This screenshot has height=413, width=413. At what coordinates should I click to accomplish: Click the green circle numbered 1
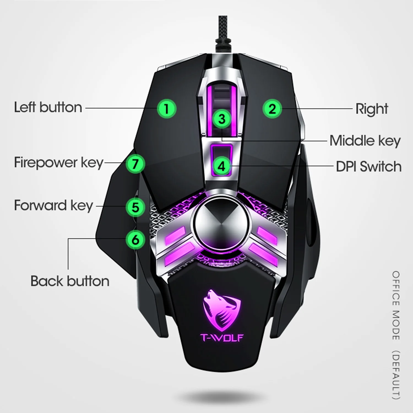(x=167, y=108)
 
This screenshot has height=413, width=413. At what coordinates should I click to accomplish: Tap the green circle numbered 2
(x=272, y=108)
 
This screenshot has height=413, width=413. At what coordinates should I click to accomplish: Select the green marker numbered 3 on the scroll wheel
(x=222, y=119)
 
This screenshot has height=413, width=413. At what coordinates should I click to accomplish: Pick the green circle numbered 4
(x=222, y=166)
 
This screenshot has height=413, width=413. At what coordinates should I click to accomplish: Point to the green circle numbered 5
(x=135, y=207)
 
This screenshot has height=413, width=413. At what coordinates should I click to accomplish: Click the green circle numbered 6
(x=135, y=240)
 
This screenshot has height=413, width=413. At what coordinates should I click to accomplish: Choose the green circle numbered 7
(x=135, y=164)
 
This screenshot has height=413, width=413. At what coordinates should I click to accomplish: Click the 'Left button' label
(x=48, y=107)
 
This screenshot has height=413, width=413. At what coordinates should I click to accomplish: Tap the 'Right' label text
(x=371, y=109)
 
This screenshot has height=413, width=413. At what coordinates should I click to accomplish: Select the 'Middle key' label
(x=365, y=141)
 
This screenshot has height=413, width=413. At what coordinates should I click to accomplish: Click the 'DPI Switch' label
(x=369, y=167)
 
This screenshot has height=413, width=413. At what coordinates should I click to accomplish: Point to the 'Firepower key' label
(x=58, y=163)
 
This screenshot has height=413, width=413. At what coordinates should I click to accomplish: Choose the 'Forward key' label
(x=54, y=206)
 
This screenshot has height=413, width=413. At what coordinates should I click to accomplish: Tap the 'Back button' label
(x=70, y=281)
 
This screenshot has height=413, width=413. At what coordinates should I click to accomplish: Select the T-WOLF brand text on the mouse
(x=222, y=337)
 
